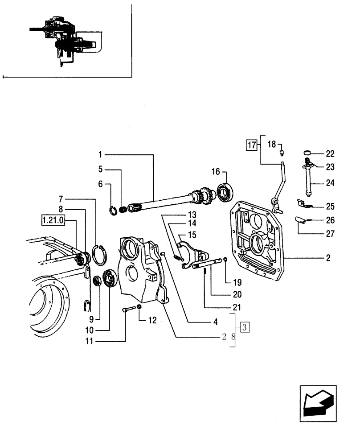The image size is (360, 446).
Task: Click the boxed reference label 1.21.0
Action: (53, 220)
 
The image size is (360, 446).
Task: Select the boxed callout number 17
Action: (252, 145)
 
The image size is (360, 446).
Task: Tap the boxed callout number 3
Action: (244, 327)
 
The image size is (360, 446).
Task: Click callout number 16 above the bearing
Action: (216, 172)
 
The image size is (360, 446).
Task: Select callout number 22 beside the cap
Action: (330, 154)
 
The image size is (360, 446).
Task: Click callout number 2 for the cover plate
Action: (328, 258)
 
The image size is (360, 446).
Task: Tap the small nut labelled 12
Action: (139, 308)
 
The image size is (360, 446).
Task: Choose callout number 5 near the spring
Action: (101, 169)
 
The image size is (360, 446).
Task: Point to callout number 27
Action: (330, 233)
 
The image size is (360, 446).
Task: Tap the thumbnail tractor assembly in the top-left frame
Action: (67, 40)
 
